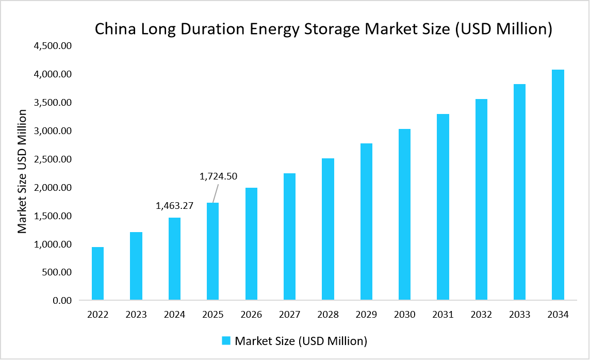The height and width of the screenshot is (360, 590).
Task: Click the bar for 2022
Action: pos(97,273)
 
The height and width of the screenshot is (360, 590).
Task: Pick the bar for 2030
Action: pos(404,214)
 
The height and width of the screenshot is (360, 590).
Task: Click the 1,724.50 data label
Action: pos(218,176)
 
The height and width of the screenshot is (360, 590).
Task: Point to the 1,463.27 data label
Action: pos(174,206)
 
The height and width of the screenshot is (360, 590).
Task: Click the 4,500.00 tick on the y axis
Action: pos(52,46)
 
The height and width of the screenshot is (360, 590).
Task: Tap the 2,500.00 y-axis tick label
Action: pos(52,159)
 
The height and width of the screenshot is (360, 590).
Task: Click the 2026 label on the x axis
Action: pos(251,315)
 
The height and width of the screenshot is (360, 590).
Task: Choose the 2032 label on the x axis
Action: pos(481,315)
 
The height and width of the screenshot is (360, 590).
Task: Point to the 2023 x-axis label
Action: pos(136,315)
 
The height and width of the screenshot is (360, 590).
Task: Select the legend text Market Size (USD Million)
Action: pos(301,341)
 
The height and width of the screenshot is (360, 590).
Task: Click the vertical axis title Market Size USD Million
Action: pos(22,171)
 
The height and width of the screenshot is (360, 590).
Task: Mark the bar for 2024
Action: pos(174,258)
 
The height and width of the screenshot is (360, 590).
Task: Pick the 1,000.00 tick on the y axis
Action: pos(52,244)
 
